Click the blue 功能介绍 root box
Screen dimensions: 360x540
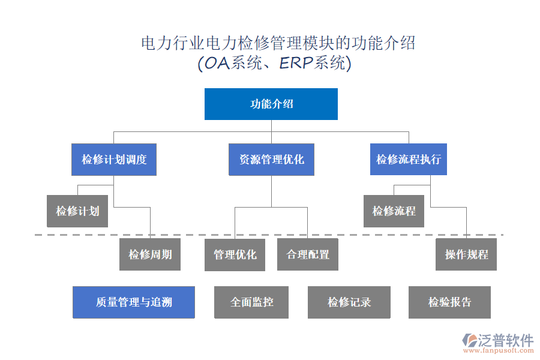271,104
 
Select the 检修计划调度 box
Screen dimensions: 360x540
114,160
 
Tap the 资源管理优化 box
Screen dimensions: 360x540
271,160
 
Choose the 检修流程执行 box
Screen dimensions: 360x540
409,160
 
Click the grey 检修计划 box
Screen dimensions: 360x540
77,211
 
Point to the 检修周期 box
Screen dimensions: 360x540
150,254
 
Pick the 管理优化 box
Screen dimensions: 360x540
235,254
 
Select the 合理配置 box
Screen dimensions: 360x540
308,254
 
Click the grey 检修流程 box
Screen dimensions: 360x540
394,211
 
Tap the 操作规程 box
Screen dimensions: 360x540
466,254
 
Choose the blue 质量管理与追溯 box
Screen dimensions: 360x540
134,302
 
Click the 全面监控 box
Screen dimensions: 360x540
252,302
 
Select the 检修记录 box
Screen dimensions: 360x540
349,302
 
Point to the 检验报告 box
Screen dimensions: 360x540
449,302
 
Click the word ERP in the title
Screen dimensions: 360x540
297,63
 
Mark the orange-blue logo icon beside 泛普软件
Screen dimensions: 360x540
470,341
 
